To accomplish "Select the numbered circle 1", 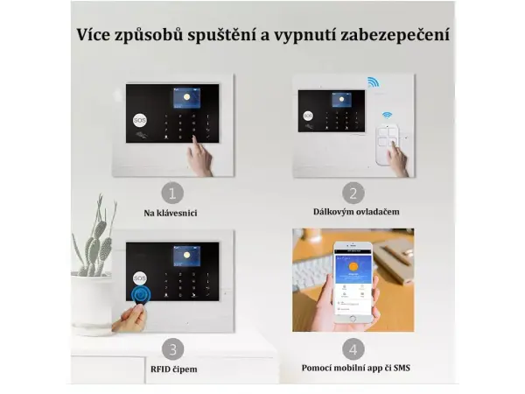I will pos(172,193).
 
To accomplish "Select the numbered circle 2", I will pos(353,193).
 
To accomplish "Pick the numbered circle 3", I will pos(172,348).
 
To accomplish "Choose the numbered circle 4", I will pos(353,348).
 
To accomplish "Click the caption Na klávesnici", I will pos(172,213).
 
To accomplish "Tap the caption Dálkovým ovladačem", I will pos(353,212).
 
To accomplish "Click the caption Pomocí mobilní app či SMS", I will pos(355,369).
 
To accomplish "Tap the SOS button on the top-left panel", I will pos(140,119).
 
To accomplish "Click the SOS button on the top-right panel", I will pos(307,115).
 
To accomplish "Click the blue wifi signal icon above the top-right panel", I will pos(373,82).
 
